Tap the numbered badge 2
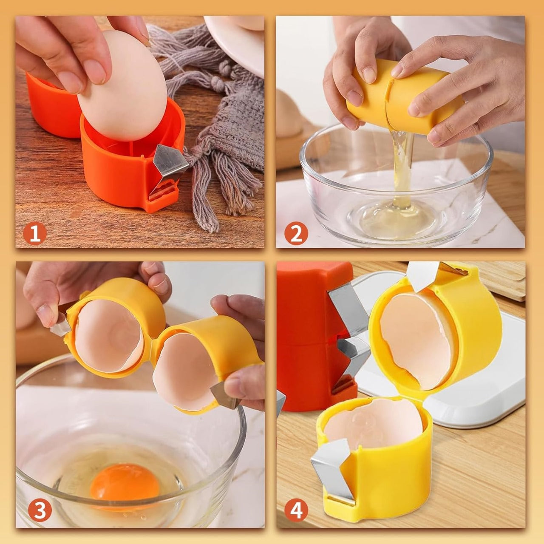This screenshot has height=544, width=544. [x=296, y=233]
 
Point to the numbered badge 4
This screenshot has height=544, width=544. [x=297, y=510]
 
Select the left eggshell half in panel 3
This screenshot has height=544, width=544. [x=108, y=336]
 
